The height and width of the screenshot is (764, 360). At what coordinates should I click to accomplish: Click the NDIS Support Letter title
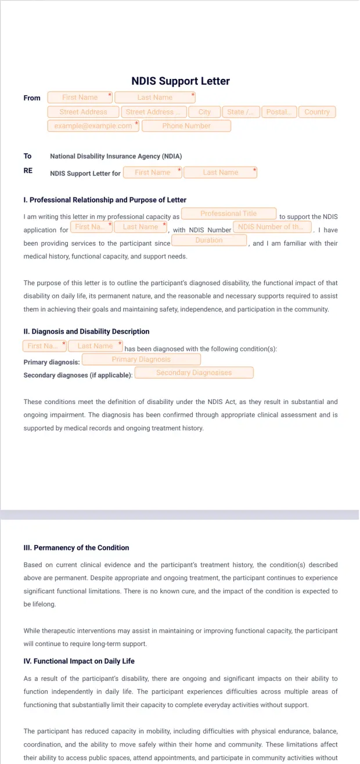181,81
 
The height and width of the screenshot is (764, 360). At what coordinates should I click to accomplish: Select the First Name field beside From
80,98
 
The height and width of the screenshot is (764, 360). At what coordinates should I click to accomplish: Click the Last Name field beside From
154,98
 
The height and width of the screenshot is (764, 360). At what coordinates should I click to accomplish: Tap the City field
204,112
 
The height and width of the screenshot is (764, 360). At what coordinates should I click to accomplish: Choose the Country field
317,112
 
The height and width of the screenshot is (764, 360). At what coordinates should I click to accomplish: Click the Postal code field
279,112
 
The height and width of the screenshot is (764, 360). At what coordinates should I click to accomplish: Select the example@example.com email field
93,126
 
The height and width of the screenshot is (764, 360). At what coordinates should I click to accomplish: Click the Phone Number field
186,126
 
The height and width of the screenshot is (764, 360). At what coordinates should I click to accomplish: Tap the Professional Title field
228,214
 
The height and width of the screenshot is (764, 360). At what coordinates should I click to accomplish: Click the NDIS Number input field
272,227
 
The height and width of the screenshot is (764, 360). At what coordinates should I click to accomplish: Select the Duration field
209,240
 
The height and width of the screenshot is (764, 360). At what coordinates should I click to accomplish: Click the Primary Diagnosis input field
141,359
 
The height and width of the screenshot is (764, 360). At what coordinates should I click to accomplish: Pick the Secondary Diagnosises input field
194,373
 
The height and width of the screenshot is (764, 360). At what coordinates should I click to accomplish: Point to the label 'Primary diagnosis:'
52,362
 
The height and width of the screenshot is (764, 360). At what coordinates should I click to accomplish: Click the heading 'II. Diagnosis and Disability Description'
87,331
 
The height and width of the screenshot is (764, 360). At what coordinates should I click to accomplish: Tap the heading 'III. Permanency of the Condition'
76,547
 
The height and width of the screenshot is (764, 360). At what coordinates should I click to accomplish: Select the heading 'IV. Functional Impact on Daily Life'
79,661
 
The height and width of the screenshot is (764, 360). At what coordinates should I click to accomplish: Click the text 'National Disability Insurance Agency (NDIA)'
116,156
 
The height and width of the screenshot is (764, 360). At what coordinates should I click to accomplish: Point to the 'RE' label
28,171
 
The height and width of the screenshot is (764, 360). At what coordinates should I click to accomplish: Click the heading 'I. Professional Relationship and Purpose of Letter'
105,200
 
